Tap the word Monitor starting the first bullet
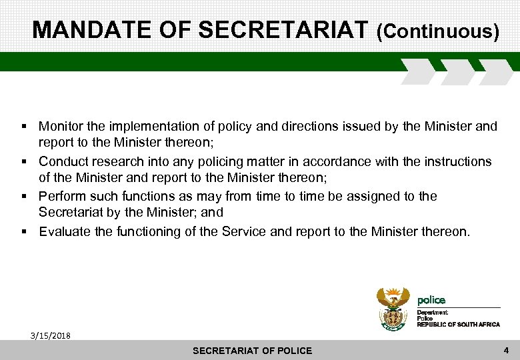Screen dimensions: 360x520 (62, 126)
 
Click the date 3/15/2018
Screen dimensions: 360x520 (51, 335)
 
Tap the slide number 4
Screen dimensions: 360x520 (506, 349)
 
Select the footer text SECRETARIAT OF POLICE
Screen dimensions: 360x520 (252, 351)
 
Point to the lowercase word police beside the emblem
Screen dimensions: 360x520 (431, 300)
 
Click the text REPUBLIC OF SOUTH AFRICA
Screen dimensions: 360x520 (458, 324)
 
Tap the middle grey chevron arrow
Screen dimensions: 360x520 (457, 71)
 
